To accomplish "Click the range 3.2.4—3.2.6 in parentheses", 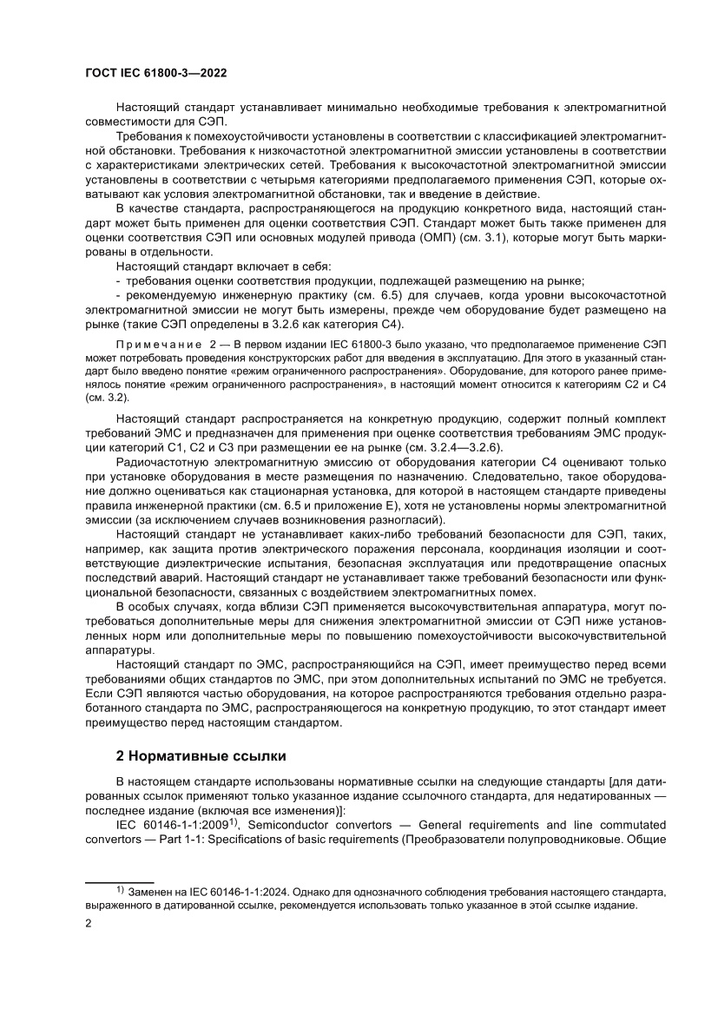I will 467,447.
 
